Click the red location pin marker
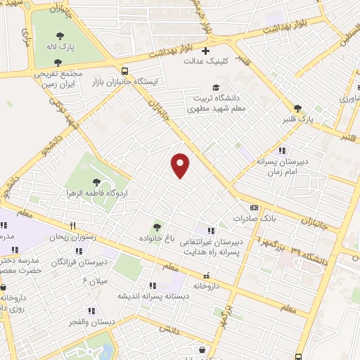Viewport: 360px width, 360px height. [x=181, y=165]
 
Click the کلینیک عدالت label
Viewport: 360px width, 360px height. [x=198, y=61]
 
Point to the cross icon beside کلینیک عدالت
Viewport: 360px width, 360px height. [x=206, y=51]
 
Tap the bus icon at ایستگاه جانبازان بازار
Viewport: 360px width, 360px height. [x=125, y=71]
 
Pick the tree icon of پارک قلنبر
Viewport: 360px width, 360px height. [x=298, y=108]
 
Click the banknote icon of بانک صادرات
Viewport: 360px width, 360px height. [x=254, y=207]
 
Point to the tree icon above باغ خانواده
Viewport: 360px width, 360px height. [x=157, y=226]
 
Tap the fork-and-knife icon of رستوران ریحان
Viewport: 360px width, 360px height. [x=72, y=226]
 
